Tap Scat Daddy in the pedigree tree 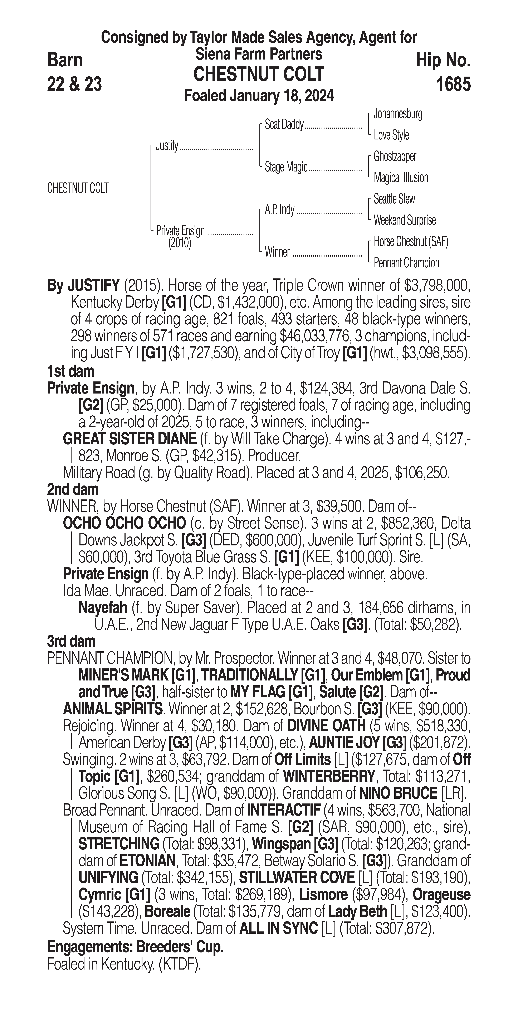[x=284, y=125]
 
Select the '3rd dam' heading [x=72, y=641]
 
